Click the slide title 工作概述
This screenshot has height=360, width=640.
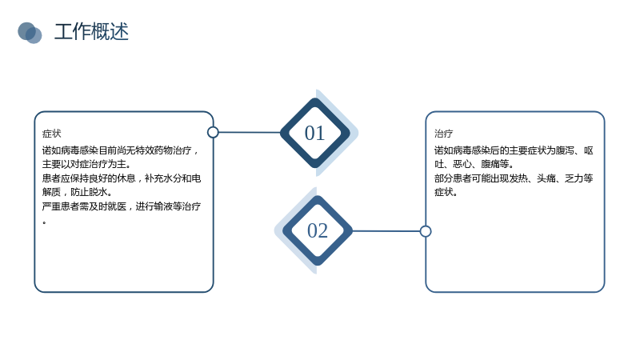point(91,32)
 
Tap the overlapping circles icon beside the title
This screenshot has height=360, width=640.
point(30,33)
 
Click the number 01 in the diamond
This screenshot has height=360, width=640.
point(314,133)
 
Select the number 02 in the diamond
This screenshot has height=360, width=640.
point(318,230)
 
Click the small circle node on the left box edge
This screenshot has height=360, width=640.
point(213,132)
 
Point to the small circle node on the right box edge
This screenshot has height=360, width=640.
point(426,231)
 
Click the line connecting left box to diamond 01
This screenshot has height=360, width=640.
point(250,132)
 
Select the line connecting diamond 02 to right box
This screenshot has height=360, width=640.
point(386,231)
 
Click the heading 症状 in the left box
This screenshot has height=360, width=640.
point(51,134)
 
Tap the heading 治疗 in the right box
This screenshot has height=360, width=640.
point(444,134)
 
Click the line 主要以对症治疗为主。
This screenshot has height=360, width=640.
point(86,164)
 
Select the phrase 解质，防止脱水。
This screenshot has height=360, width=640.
point(77,192)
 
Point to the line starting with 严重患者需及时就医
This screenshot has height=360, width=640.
point(122,206)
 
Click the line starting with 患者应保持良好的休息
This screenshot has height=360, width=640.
point(122,178)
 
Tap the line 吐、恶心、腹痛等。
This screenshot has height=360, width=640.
point(474,164)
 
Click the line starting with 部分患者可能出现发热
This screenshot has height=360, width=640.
point(514,178)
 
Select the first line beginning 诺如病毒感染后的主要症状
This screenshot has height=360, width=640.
point(514,150)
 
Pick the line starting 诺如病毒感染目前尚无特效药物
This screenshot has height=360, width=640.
point(121,150)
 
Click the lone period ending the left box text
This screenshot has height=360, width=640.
point(44,222)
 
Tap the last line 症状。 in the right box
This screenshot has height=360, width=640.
point(446,192)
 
